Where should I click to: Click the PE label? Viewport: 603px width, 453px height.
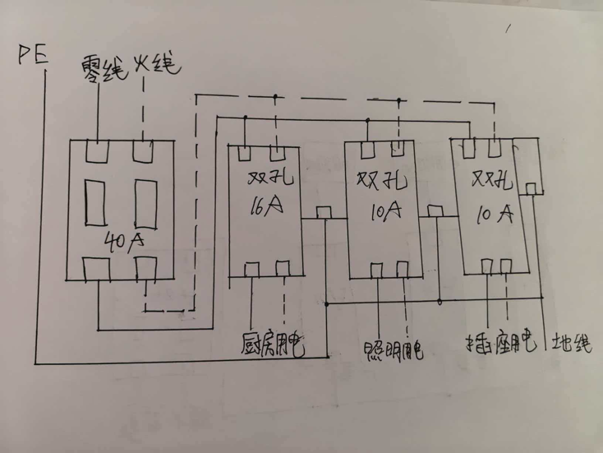point(32,57)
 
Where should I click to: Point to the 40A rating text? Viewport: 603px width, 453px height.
point(125,241)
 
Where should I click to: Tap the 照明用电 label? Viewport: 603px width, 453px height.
point(392,350)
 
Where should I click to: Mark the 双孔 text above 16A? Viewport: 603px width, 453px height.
point(265,178)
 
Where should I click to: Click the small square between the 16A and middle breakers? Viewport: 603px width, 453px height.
point(325,213)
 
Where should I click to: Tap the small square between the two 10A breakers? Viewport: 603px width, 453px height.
point(436,211)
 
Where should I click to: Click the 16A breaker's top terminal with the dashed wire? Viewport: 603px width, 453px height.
point(278,152)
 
